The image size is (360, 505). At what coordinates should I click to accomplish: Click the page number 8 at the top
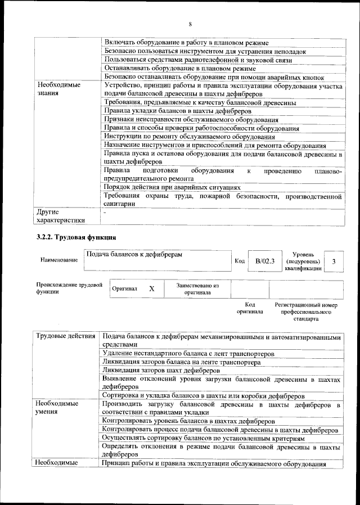tap(190, 24)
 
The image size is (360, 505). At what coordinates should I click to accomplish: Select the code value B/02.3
tap(264, 261)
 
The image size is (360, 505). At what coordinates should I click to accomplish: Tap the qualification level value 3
tap(334, 261)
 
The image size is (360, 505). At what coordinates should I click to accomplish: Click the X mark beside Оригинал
tap(151, 288)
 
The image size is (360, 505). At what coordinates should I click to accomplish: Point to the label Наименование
tap(59, 261)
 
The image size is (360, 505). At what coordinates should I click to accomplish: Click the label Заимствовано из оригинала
tap(197, 289)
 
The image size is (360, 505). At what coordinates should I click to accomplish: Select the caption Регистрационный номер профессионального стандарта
tap(305, 312)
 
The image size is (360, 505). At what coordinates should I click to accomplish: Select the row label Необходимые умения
tap(56, 408)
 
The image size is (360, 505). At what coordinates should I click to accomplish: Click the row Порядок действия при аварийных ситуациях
tap(173, 187)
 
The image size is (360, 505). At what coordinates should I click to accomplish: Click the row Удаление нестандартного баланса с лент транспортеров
tap(188, 354)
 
